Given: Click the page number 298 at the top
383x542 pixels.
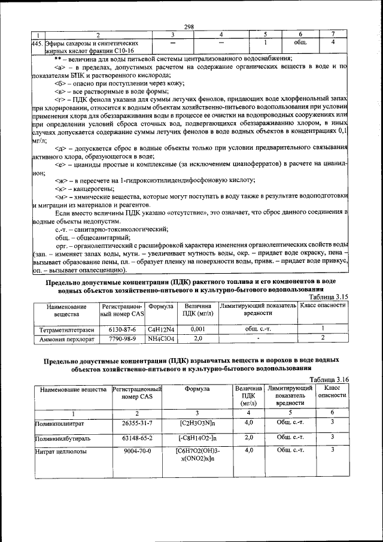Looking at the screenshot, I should click(190, 27).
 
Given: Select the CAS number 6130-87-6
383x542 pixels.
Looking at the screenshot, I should click(122, 329).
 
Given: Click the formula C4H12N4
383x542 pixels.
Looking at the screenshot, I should click(160, 329).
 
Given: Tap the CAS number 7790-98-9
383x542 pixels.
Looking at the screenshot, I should click(122, 339).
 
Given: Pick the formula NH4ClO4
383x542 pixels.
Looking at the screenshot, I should click(160, 339).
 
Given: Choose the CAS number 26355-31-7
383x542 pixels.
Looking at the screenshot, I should click(137, 423).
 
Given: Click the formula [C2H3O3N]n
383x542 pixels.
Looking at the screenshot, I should click(197, 423).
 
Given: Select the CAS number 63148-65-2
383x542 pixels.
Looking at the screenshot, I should click(137, 438).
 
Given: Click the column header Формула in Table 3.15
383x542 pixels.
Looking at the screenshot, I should click(160, 306).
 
